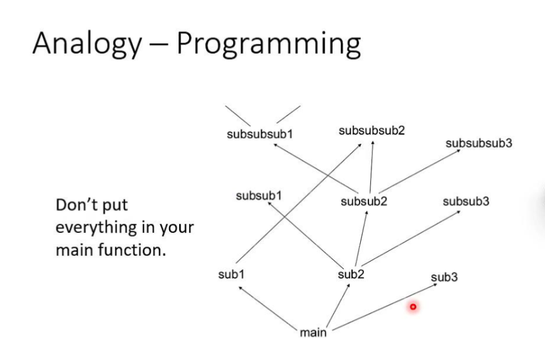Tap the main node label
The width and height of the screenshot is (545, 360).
313,332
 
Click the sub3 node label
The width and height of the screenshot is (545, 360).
444,277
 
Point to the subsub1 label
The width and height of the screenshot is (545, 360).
259,196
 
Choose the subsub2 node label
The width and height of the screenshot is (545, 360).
364,201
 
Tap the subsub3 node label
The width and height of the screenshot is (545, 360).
465,201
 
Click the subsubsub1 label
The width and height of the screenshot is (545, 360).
260,133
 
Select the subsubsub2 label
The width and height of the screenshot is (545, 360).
371,130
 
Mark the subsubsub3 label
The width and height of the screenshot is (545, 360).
479,143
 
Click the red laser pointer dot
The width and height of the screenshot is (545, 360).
413,307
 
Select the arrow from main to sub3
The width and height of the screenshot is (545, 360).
382,306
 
